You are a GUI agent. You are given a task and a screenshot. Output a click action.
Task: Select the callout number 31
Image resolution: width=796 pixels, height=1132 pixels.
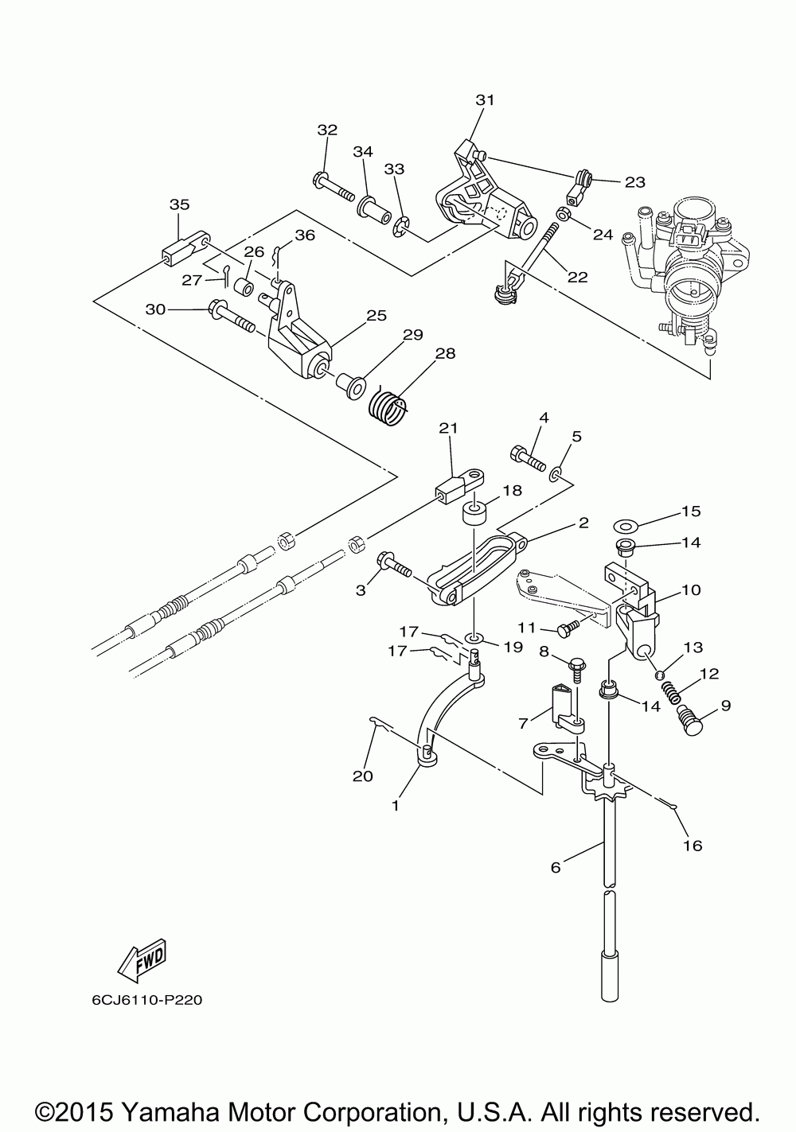(485, 100)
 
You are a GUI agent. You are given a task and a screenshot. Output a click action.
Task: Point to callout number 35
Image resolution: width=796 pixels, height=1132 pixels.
(179, 204)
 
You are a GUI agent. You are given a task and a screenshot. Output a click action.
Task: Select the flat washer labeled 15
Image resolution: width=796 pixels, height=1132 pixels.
(625, 526)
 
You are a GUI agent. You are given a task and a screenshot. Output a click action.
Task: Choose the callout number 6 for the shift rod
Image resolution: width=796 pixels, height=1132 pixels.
(556, 867)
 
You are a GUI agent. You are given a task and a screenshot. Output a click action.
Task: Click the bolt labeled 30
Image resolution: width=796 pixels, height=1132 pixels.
(230, 315)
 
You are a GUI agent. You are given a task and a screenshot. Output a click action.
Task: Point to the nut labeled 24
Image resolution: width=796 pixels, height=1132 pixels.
(562, 215)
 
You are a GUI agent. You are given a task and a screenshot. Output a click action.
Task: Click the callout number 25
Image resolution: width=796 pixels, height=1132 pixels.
(377, 316)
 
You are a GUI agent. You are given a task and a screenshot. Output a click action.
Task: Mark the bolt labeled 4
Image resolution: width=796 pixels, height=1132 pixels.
(528, 458)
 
